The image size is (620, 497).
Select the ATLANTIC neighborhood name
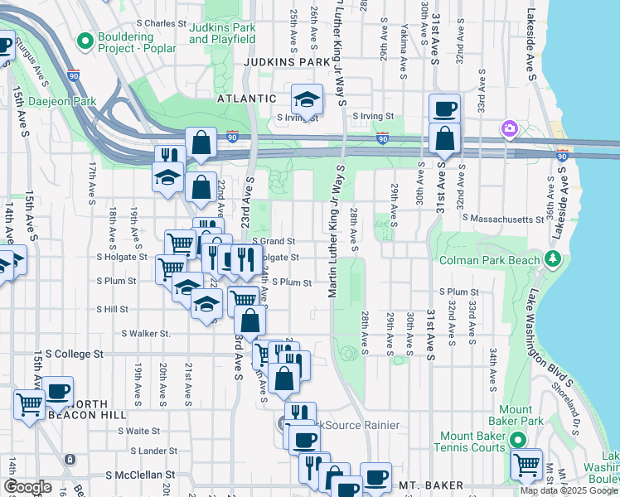click(246, 98)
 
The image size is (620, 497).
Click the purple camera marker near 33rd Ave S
click(508, 129)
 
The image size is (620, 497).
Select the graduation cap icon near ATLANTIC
click(307, 99)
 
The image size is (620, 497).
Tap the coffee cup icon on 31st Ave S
click(445, 109)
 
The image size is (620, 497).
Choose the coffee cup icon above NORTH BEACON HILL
click(57, 390)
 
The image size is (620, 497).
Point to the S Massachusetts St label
click(503, 218)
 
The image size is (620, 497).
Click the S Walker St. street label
click(146, 334)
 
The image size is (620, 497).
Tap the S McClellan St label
click(141, 475)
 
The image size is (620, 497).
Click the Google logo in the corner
click(27, 487)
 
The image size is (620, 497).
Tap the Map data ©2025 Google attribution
click(569, 490)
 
